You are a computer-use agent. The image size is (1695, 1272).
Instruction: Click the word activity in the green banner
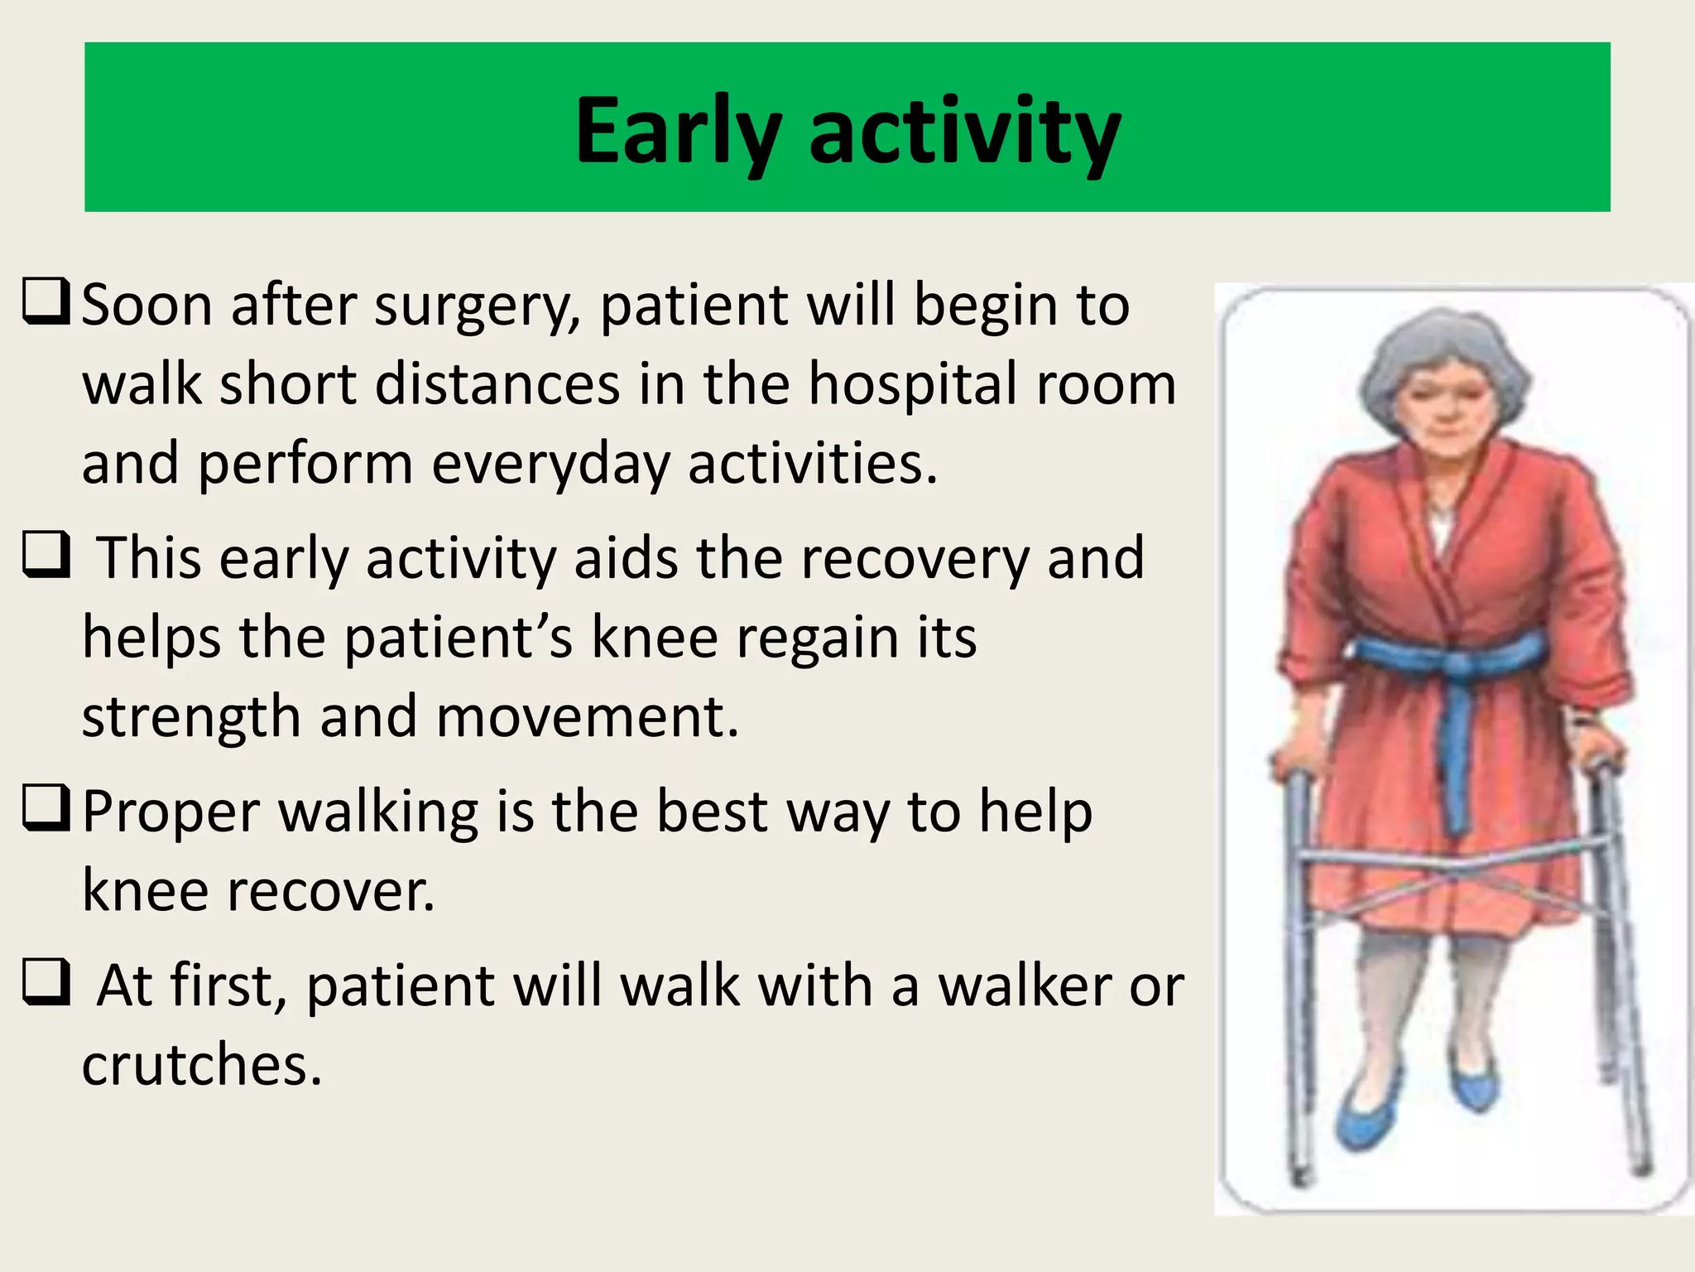tap(964, 132)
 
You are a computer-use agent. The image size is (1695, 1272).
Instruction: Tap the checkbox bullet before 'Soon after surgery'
tap(46, 303)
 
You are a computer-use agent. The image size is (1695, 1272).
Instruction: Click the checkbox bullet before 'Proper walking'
tap(46, 809)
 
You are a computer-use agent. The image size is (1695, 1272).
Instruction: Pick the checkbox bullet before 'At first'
tap(46, 983)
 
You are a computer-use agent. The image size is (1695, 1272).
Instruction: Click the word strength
tap(190, 717)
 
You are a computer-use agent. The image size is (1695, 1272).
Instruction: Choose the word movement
tap(587, 717)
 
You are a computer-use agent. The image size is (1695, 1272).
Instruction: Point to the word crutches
tap(201, 1066)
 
